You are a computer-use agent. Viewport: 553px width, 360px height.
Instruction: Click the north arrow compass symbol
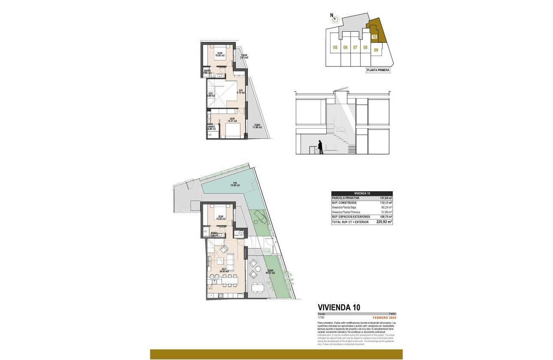(x=335, y=18)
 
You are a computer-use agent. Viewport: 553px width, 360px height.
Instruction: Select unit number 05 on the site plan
(x=335, y=48)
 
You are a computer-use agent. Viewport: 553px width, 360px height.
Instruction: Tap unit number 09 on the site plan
(x=376, y=50)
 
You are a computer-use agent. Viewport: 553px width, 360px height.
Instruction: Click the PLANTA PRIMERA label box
(x=378, y=71)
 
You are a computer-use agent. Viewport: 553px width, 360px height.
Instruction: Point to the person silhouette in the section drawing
(x=319, y=147)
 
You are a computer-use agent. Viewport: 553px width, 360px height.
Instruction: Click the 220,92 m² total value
(x=384, y=222)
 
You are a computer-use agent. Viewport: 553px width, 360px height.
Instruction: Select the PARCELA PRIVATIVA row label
(x=346, y=198)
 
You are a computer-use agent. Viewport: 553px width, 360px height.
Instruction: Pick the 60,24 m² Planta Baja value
(x=386, y=207)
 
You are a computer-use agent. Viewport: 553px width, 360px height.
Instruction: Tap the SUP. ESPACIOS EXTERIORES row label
(x=352, y=217)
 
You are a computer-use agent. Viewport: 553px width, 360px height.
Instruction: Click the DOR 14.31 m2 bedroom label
(x=232, y=120)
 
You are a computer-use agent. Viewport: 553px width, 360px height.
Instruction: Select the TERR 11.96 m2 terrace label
(x=257, y=126)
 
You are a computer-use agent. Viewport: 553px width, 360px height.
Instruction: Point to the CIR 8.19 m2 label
(x=241, y=92)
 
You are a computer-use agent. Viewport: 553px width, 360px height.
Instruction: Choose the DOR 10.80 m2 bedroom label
(x=220, y=54)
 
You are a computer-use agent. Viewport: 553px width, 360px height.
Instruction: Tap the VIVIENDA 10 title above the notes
(x=339, y=307)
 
